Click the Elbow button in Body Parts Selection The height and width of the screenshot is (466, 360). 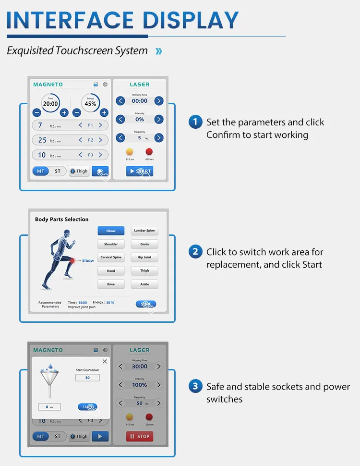(111, 231)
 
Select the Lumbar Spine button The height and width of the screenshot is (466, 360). (144, 231)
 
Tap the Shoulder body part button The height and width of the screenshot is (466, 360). (111, 244)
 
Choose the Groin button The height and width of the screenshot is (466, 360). (144, 244)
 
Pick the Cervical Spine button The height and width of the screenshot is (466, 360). (111, 258)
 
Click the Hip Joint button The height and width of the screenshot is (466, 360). (144, 258)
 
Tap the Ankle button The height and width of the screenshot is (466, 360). (144, 284)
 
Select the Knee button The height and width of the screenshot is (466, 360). (111, 284)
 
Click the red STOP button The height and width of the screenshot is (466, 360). (139, 436)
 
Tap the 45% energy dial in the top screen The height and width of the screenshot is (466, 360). (90, 103)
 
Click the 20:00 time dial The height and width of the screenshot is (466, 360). (50, 103)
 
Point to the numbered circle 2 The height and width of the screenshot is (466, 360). (195, 252)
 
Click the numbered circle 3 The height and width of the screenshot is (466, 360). (195, 386)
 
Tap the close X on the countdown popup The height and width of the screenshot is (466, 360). (105, 361)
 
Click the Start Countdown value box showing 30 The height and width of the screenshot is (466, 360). (87, 378)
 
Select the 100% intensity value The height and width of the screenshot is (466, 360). (140, 385)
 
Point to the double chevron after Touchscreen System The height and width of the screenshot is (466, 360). (159, 51)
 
